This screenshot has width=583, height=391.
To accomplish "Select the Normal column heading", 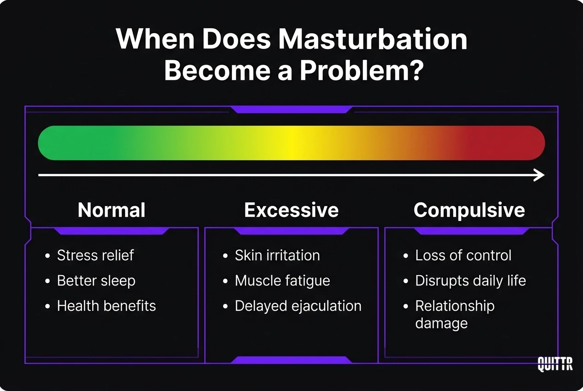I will tap(112, 210).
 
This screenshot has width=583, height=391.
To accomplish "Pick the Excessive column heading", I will tap(291, 210).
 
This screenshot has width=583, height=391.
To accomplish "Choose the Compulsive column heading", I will tap(469, 210).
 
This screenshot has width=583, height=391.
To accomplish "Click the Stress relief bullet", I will tap(95, 255).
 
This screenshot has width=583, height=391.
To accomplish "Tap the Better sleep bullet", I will tap(96, 281).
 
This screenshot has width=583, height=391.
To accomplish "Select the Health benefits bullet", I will tap(106, 306).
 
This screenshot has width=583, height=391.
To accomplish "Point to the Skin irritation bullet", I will tap(277, 255).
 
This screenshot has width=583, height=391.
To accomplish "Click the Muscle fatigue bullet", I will tap(282, 281).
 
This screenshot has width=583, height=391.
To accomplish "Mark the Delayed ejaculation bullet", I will tap(298, 306).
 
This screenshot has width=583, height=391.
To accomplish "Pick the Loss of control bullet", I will tap(463, 255).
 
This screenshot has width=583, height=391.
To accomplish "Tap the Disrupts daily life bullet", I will tap(470, 281).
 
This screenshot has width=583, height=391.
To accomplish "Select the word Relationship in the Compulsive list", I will tap(455, 306).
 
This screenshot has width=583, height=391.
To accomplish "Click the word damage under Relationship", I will tap(441, 323).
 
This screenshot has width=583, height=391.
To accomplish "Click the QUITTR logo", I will tap(555, 364).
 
